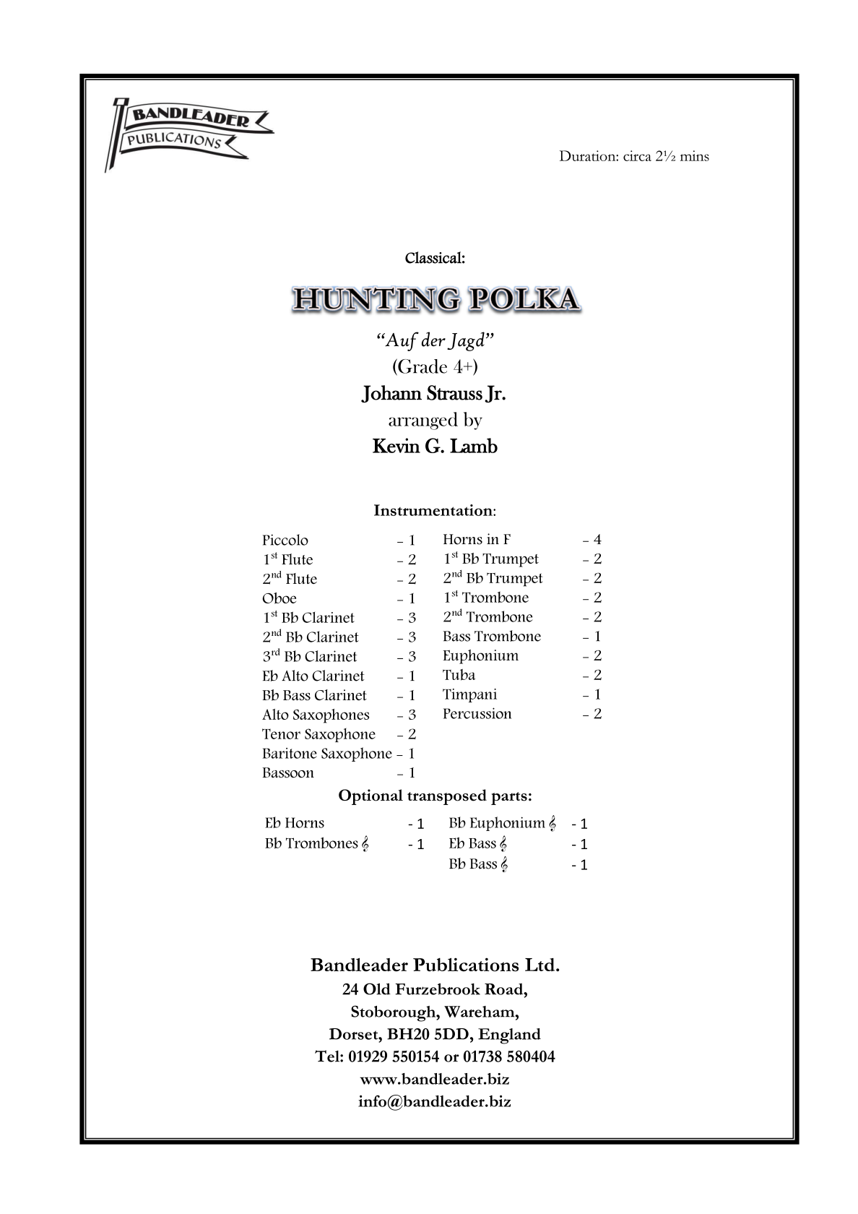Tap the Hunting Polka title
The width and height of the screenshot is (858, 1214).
pos(435,299)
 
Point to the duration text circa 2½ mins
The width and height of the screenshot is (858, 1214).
pos(633,156)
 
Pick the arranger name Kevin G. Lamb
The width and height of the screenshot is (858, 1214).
pos(435,447)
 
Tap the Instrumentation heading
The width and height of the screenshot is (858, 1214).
pos(434,511)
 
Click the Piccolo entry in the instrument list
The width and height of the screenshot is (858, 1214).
pos(285,541)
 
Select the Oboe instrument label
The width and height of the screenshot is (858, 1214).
pos(279,598)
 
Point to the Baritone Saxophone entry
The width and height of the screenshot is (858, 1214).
pos(326,754)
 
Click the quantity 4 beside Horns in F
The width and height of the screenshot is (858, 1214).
pos(597,540)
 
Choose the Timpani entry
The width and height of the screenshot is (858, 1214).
pos(469,694)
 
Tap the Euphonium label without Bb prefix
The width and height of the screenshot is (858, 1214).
pos(480,656)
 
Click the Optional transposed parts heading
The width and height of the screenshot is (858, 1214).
pos(435,796)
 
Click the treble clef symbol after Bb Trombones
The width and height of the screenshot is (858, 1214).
pos(365,844)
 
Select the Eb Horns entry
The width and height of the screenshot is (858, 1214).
pos(295,823)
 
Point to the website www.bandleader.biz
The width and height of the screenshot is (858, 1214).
pos(434,1079)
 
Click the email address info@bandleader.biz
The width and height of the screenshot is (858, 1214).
pos(434,1102)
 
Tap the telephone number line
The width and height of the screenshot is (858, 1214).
pos(435,1056)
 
